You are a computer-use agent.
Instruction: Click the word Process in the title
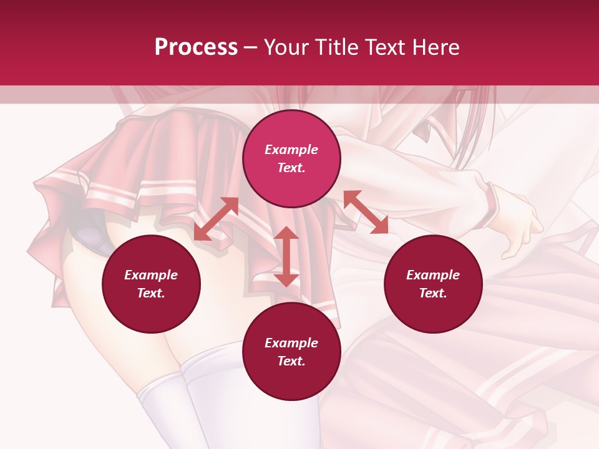point(196,47)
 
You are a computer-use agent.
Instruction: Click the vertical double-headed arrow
point(286,256)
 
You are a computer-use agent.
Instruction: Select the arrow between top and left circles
point(216,219)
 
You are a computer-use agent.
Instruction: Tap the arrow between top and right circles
point(366,212)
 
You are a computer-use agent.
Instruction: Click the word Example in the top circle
point(291,150)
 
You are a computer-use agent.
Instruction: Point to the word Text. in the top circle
point(291,168)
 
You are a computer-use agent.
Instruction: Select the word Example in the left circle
point(151,275)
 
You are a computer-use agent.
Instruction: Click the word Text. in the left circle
point(151,293)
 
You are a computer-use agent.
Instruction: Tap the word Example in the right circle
point(433,275)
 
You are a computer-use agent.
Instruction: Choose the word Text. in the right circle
point(433,293)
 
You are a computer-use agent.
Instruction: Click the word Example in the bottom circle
point(291,343)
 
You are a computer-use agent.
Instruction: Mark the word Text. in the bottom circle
point(291,361)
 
